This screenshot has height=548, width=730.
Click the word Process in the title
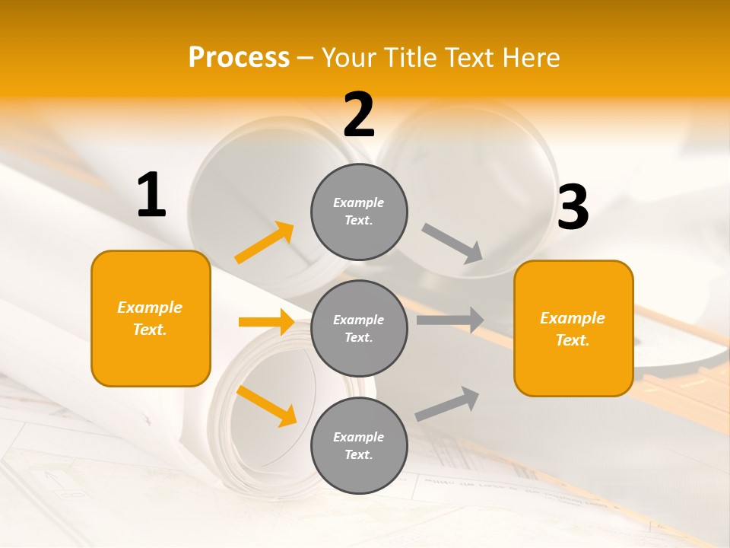click(x=239, y=57)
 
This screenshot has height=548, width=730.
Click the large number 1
click(x=151, y=196)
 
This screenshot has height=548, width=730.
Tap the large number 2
click(x=359, y=115)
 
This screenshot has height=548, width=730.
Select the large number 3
click(x=573, y=207)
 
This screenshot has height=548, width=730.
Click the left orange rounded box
click(x=151, y=318)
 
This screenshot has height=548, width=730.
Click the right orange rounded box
click(x=573, y=328)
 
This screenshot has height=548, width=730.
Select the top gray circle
click(x=359, y=212)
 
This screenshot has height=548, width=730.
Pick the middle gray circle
click(x=359, y=328)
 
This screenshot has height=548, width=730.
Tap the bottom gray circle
click(x=359, y=445)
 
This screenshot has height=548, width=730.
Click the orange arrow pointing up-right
click(x=265, y=243)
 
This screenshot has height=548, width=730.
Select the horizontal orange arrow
click(x=266, y=322)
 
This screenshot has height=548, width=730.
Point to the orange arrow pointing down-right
click(x=266, y=406)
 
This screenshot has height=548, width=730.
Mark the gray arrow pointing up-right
click(x=448, y=404)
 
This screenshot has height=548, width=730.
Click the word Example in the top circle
click(x=358, y=202)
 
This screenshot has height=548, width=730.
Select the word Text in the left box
click(x=149, y=330)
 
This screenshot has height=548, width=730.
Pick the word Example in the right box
click(x=573, y=318)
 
